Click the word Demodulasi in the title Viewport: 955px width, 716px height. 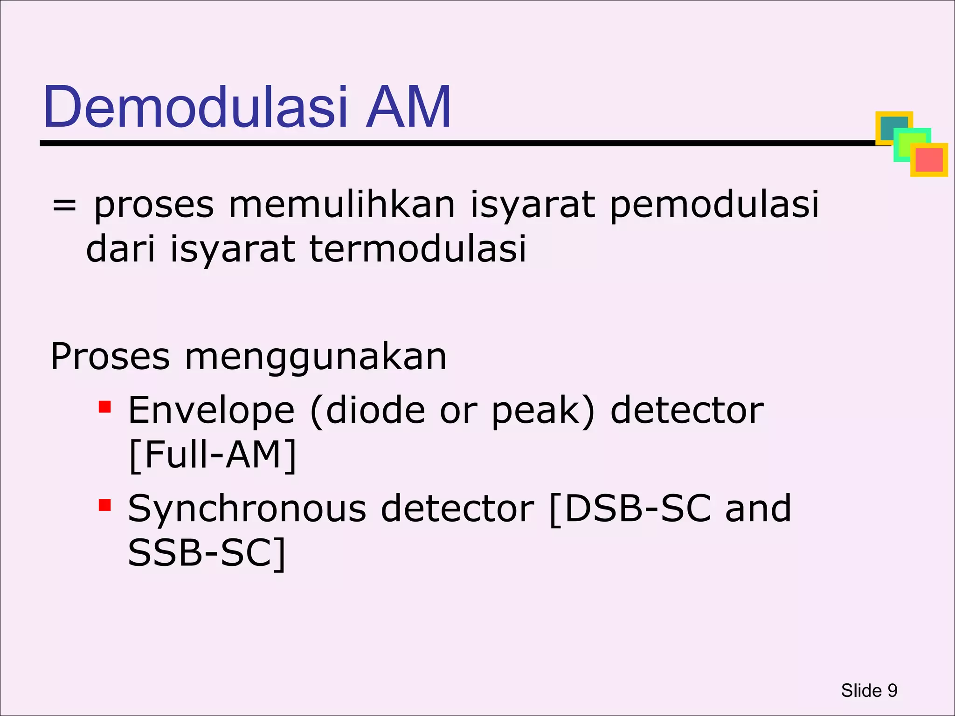(196, 108)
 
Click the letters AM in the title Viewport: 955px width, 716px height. (408, 108)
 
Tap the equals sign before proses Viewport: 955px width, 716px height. (64, 206)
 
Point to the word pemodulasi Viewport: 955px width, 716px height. (714, 206)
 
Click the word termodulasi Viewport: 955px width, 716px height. (417, 249)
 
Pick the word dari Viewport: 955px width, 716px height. (120, 249)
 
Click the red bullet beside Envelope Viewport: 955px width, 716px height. (104, 407)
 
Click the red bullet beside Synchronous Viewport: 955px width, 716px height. (104, 505)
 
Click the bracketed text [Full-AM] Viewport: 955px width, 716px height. (212, 455)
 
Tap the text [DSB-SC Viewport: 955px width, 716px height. (630, 509)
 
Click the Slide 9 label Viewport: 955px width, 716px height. (869, 690)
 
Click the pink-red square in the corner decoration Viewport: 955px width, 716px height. (929, 160)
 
